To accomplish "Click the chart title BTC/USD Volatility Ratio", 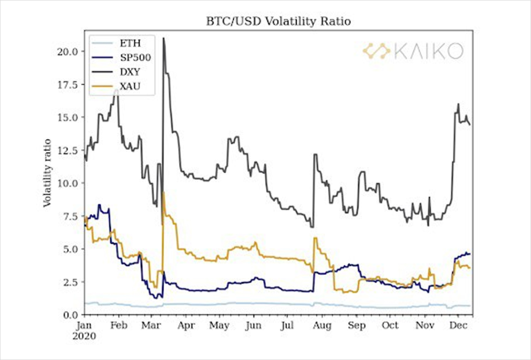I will pyautogui.click(x=278, y=22).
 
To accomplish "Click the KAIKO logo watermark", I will pyautogui.click(x=413, y=50).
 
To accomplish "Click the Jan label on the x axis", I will pyautogui.click(x=85, y=326).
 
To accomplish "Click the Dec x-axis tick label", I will pyautogui.click(x=459, y=326).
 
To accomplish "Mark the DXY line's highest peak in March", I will pyautogui.click(x=163, y=38).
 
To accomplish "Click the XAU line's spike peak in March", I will pyautogui.click(x=163, y=192).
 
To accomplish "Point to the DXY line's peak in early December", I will pyautogui.click(x=458, y=104).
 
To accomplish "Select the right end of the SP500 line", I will pyautogui.click(x=470, y=254).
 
